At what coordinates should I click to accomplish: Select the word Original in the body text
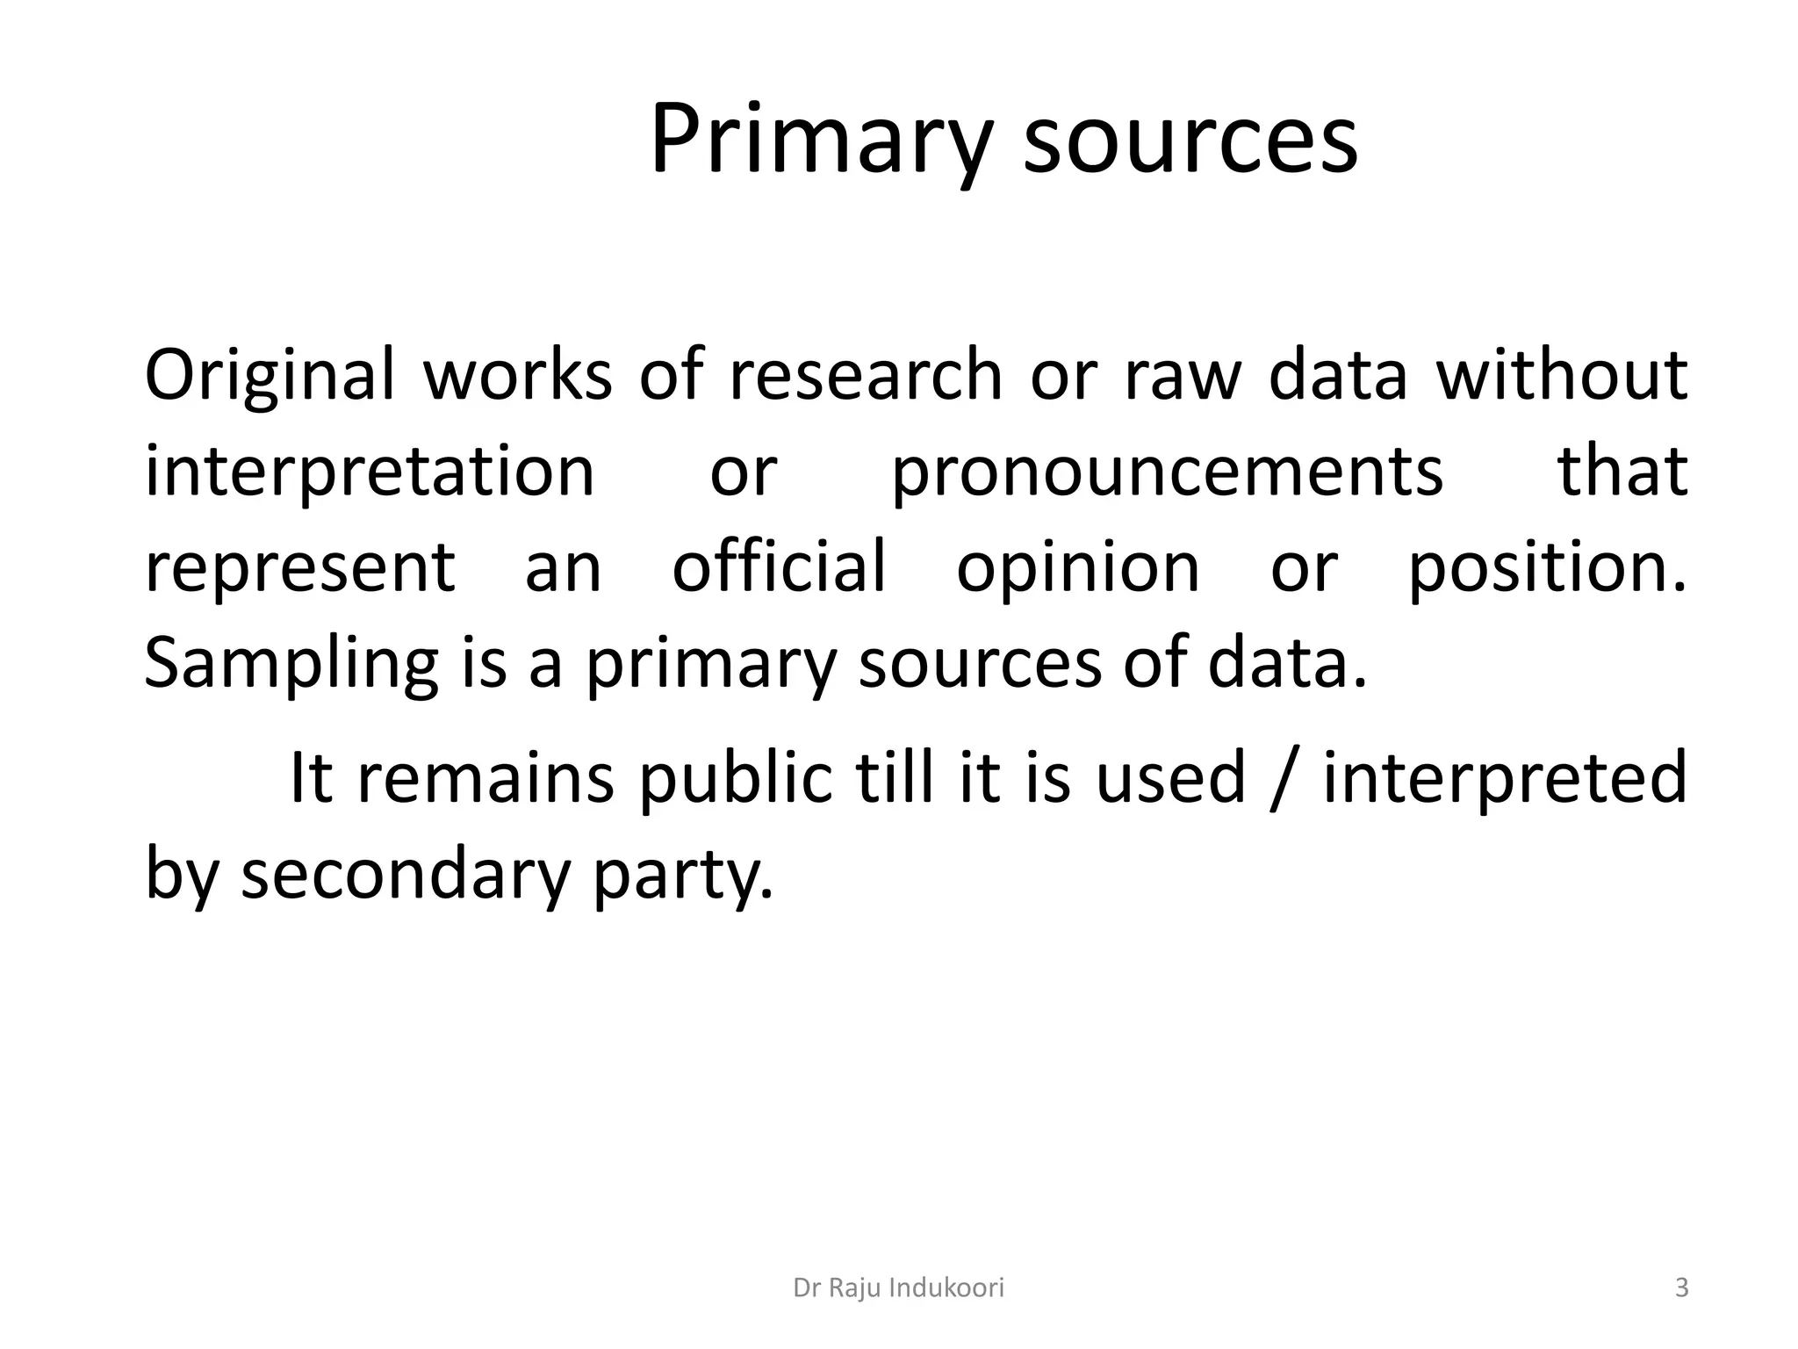(x=270, y=376)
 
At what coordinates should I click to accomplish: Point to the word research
(x=866, y=376)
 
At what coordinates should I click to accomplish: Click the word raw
(x=1182, y=376)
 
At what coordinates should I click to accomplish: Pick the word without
(x=1561, y=376)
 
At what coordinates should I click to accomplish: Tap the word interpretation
(x=370, y=473)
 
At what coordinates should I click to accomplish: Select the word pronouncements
(x=1167, y=473)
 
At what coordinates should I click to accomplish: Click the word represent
(x=300, y=568)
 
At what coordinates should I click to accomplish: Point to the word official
(x=779, y=568)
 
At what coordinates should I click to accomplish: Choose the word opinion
(x=1078, y=568)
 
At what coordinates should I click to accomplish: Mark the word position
(x=1547, y=568)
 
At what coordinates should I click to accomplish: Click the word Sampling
(x=291, y=665)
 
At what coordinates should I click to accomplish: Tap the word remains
(x=485, y=778)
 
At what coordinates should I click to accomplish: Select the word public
(x=735, y=778)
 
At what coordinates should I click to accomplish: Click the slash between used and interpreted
(x=1284, y=778)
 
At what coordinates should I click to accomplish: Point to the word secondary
(x=405, y=875)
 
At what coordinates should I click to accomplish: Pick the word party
(x=682, y=875)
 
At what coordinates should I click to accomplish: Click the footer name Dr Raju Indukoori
(x=898, y=1288)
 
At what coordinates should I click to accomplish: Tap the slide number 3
(x=1681, y=1288)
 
